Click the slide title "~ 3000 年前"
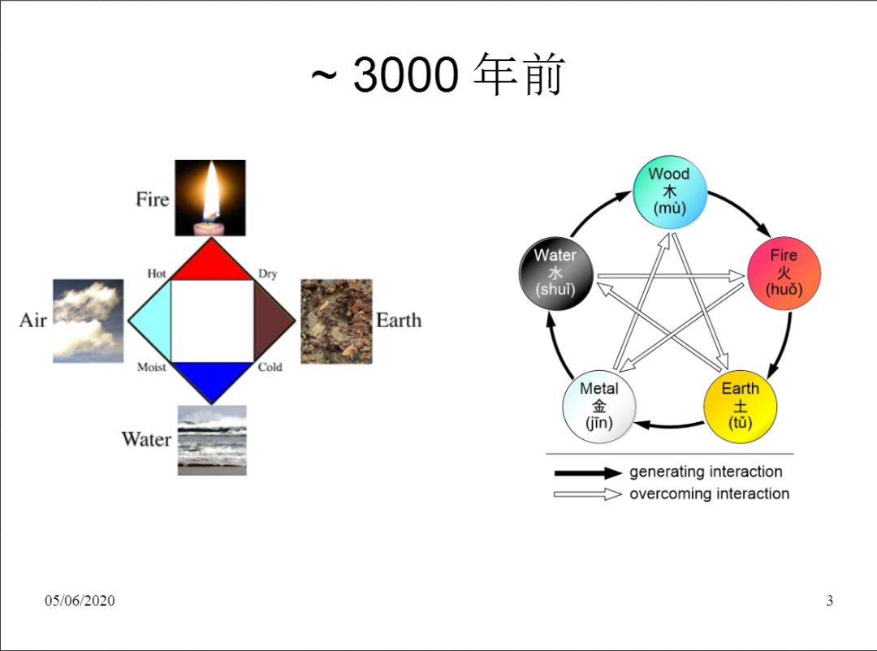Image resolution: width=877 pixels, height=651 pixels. pos(438,75)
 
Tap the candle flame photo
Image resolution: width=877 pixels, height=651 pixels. pos(211,197)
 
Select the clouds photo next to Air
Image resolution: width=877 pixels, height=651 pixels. pos(89,321)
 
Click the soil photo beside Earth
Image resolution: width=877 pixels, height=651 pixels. pos(336,321)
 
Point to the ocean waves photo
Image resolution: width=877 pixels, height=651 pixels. pos(212,440)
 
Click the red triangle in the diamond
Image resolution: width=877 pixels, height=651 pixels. pos(211,261)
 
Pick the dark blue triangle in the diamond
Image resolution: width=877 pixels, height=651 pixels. pos(211,380)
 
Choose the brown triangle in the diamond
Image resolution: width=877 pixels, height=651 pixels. pos(272,321)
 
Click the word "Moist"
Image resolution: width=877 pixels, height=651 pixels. pos(152,368)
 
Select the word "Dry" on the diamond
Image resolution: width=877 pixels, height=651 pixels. pos(268,274)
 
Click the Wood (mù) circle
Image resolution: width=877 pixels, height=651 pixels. pos(669,191)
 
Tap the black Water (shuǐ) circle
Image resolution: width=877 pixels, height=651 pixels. pos(555,272)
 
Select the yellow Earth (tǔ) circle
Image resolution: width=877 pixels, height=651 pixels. pos(740,406)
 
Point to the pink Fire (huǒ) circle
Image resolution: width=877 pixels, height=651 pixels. pos(784,272)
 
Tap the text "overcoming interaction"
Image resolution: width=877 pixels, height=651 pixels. pos(709,494)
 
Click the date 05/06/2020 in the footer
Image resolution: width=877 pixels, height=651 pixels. pos(80,601)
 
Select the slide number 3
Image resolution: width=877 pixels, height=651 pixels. pos(829,601)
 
